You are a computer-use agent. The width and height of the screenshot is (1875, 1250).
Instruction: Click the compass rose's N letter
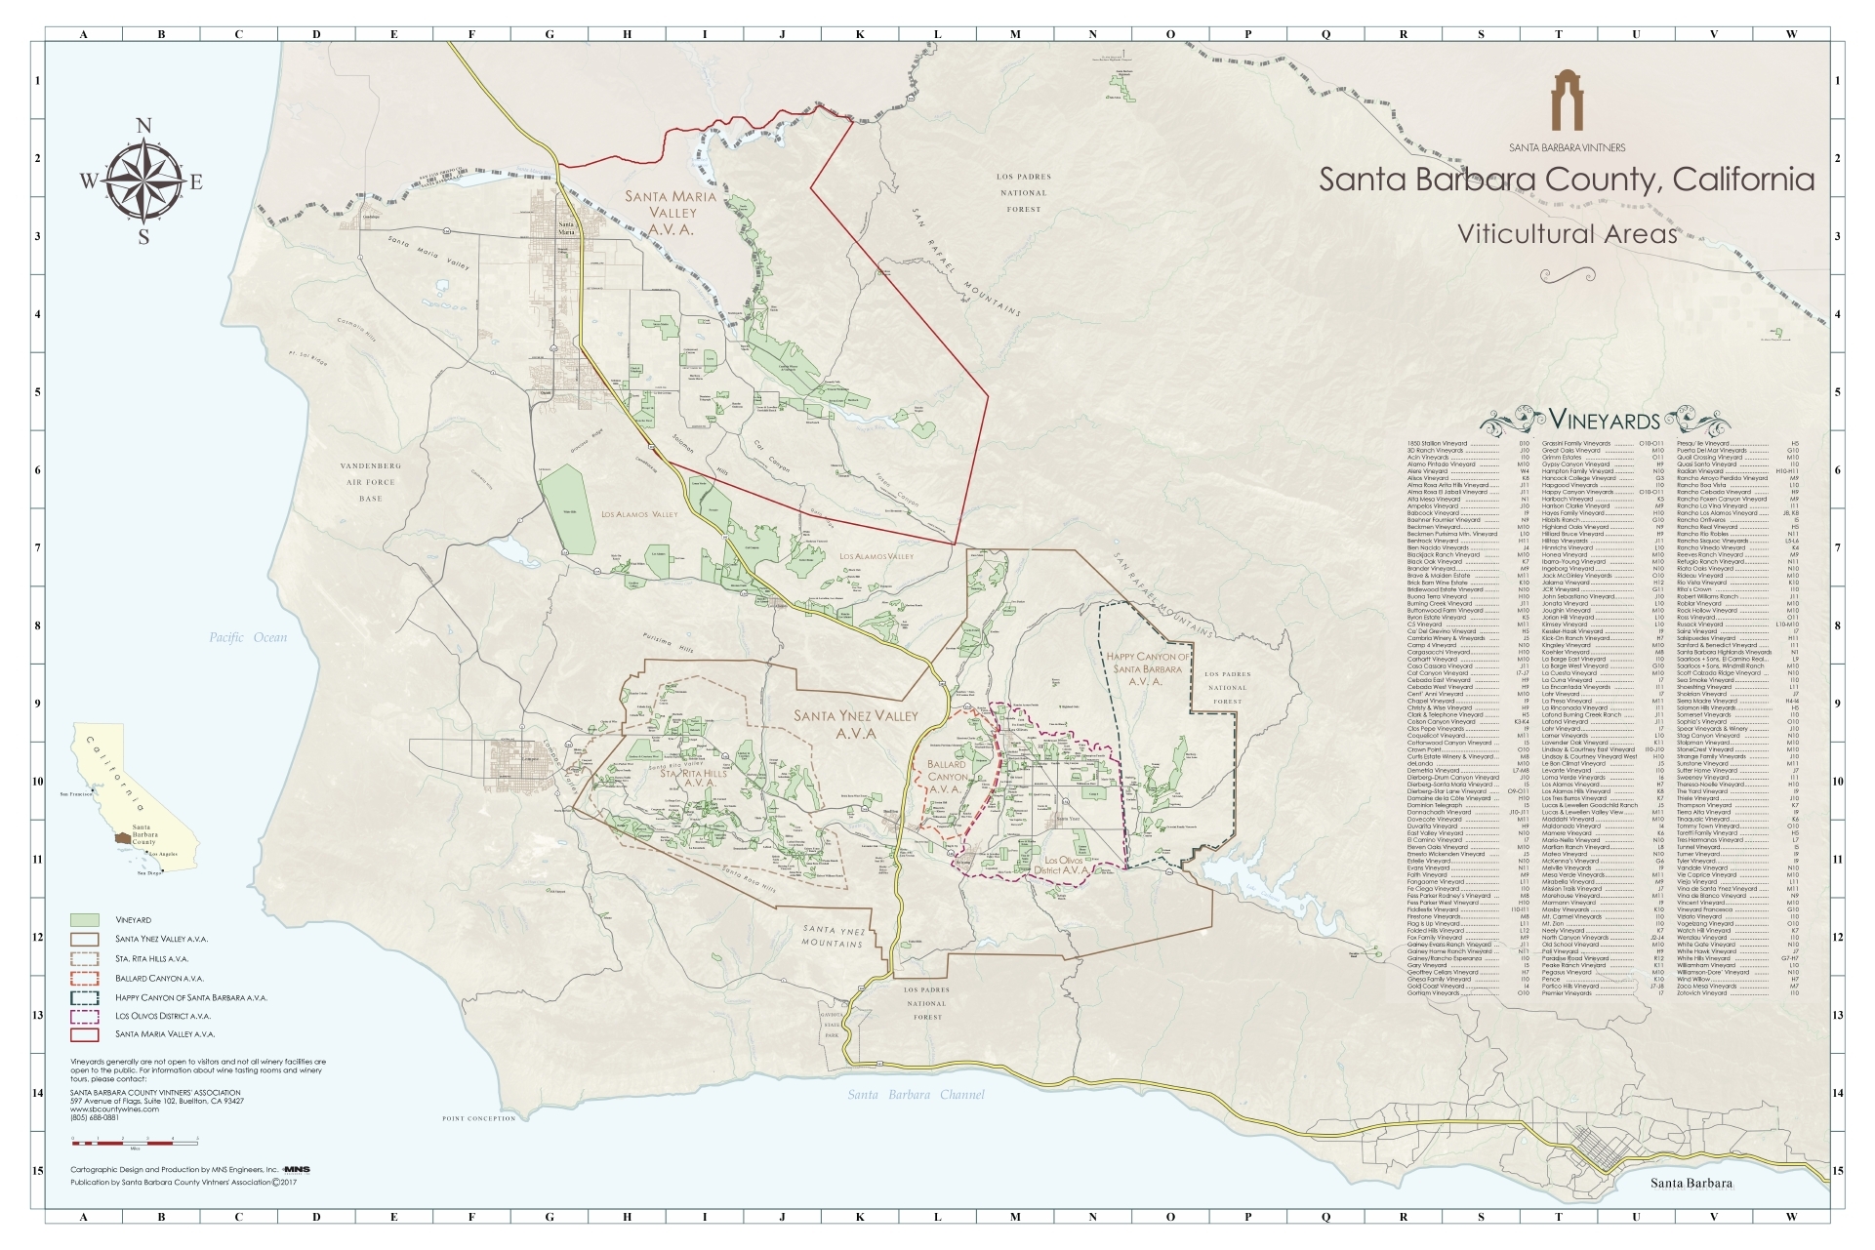[143, 126]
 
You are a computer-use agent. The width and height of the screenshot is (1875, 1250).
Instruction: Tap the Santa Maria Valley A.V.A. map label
[672, 213]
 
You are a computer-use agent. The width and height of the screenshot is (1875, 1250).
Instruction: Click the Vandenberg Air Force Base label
[371, 482]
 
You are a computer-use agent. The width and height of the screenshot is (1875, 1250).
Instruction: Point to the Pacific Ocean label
[248, 637]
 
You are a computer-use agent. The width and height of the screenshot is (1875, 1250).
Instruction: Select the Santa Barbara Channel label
[915, 1095]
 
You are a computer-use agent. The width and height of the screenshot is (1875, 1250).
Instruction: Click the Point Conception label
[478, 1118]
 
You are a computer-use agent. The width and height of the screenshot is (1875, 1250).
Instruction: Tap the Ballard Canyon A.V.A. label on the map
[946, 777]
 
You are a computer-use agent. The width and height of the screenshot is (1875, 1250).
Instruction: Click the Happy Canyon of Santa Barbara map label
[1148, 668]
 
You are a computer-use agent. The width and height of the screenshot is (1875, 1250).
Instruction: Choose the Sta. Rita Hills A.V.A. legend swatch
[85, 958]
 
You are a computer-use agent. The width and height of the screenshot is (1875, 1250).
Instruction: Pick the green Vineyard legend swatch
[85, 920]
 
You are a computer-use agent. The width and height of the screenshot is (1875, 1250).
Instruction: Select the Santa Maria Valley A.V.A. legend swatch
[85, 1034]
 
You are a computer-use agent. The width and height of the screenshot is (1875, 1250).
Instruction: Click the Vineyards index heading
[1605, 422]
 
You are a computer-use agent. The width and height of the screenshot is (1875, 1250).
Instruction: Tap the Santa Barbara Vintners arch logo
[1567, 101]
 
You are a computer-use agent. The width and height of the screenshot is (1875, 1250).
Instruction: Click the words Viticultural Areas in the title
[1567, 234]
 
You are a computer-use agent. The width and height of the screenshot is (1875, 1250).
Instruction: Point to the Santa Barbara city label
[1691, 1184]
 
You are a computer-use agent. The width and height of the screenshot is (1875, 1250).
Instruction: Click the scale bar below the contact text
[135, 1141]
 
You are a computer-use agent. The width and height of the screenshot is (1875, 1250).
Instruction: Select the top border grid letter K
[860, 34]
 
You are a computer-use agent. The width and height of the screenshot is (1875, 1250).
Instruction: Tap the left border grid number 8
[38, 625]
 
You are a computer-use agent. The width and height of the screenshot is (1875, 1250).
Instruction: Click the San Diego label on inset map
[148, 873]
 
